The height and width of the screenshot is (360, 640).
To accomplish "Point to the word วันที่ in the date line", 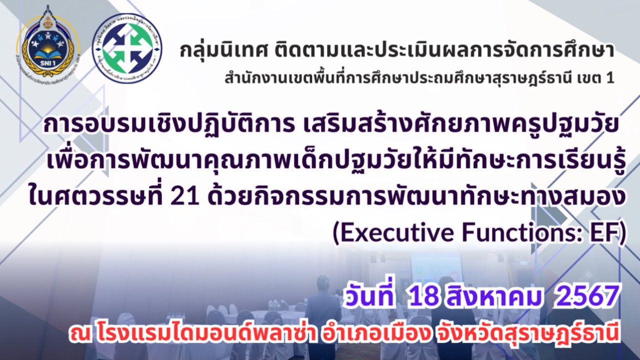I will (368, 298).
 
